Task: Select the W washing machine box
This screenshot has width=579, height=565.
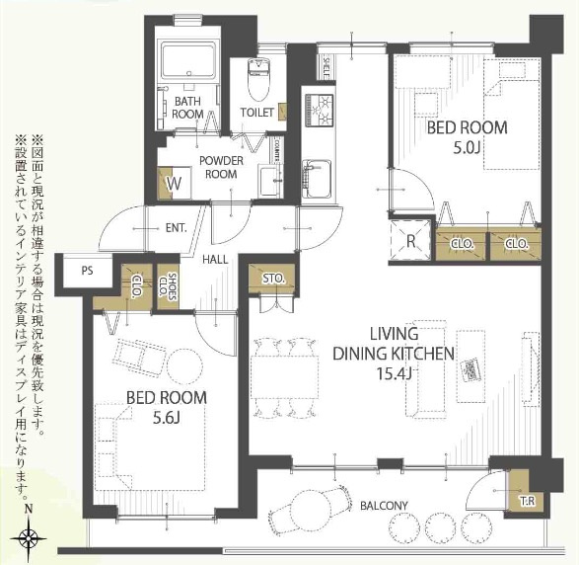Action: [x=174, y=184]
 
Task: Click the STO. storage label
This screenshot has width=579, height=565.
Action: [x=272, y=280]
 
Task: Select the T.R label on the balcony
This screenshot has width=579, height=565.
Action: [x=528, y=501]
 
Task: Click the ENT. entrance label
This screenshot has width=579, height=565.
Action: [x=177, y=228]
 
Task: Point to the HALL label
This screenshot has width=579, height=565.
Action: [x=216, y=259]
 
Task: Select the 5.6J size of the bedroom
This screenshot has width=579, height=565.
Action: [x=167, y=418]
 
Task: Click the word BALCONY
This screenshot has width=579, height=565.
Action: [x=383, y=506]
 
